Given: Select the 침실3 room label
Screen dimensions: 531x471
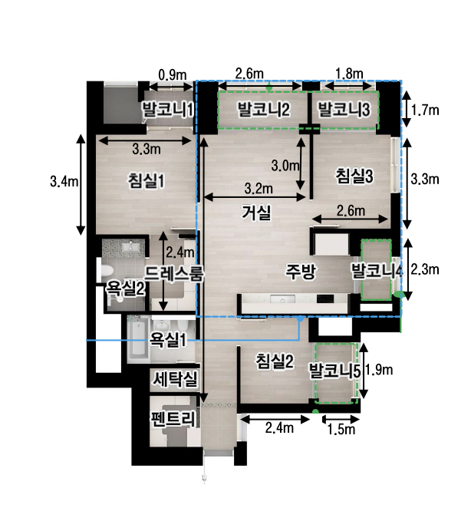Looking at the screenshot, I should (354, 176).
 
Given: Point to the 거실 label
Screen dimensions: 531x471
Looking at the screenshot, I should (256, 213).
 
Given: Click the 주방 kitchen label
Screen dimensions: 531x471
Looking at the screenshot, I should (301, 271).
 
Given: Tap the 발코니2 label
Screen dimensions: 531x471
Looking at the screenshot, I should (263, 110).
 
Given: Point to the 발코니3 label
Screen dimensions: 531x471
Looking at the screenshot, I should (344, 110).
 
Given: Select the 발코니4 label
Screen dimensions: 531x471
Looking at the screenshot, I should (377, 271).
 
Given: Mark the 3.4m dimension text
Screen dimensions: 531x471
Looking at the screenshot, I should (63, 182).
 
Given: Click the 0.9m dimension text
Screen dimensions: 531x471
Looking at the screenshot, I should (172, 74).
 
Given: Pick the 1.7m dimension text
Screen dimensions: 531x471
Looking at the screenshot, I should (425, 110).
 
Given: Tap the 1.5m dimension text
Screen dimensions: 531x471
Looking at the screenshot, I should (340, 429).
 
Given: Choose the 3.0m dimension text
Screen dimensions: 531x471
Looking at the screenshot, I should (285, 165).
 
